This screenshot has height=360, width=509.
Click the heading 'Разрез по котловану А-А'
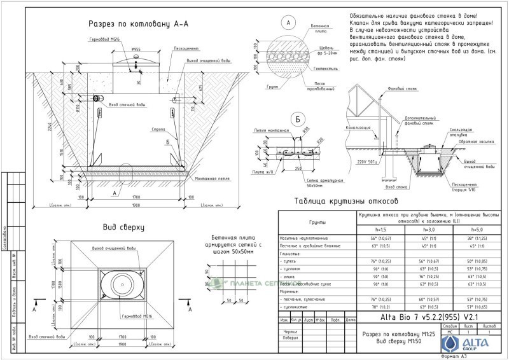coord(141,24)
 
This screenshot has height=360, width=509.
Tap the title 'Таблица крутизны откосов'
coord(345,202)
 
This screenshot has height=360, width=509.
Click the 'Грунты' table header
coord(317,222)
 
